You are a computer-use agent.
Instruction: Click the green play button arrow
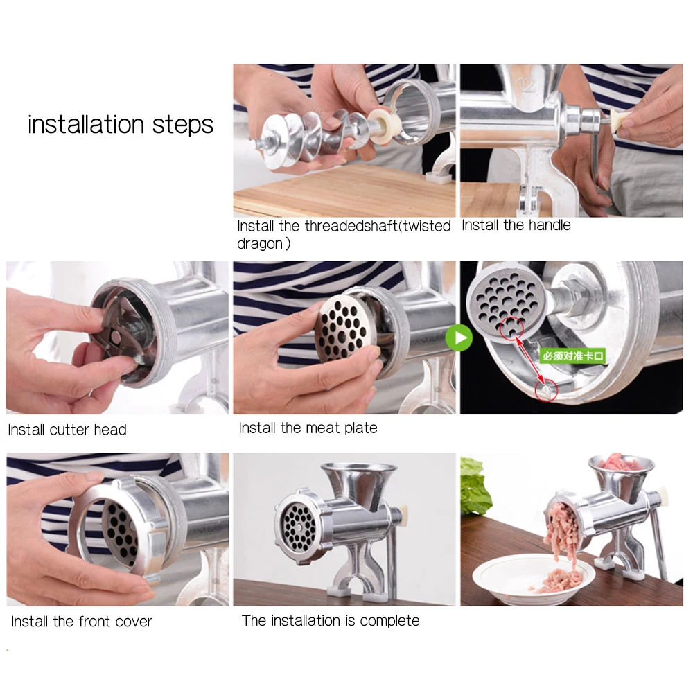click(x=459, y=338)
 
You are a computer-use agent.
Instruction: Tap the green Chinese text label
click(x=573, y=356)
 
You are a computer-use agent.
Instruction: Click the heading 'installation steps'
click(x=120, y=124)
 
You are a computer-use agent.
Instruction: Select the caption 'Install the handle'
click(x=516, y=225)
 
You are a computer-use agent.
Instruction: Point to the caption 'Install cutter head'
click(x=67, y=430)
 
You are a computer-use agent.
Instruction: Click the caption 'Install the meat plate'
click(x=308, y=428)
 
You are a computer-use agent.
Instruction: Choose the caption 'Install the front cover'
click(x=82, y=622)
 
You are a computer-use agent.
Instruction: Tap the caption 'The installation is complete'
click(x=331, y=620)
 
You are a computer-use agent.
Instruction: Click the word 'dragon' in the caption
click(x=261, y=244)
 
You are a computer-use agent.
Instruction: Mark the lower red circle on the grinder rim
click(x=546, y=390)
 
